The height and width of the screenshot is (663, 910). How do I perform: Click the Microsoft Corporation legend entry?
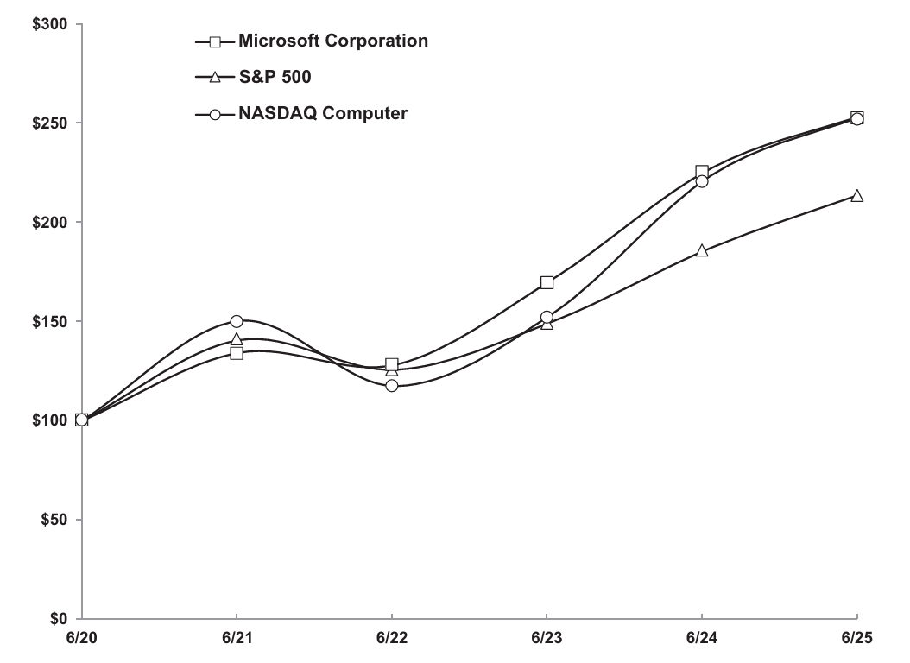pos(332,41)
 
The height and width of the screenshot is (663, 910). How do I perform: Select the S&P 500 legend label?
pos(275,77)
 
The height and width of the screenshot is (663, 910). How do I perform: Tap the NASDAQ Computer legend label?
pos(323,113)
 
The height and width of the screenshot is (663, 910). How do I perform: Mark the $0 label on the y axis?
pos(59,619)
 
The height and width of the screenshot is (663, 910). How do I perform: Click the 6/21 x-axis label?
pos(236,638)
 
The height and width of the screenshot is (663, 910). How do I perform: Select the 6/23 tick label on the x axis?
pos(547,638)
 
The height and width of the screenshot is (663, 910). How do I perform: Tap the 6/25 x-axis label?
pos(856,638)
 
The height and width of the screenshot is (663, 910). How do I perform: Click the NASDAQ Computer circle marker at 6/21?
pos(237,321)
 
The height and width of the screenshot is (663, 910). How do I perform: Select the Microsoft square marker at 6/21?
pos(237,353)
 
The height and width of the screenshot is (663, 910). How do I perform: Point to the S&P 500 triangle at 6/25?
pos(856,196)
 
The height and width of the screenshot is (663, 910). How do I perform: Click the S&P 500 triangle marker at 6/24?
pos(702,251)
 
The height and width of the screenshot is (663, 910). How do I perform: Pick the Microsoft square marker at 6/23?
pos(547,282)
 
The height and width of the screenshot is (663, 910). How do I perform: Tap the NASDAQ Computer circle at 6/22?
pos(392,385)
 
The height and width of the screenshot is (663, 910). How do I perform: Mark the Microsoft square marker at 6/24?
pos(702,172)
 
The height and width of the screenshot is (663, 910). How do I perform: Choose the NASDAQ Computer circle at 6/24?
pos(702,181)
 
